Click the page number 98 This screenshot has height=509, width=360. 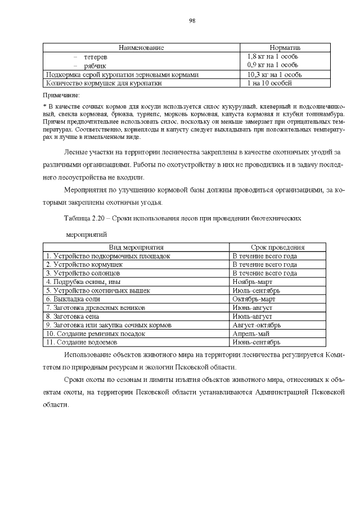[x=192, y=20]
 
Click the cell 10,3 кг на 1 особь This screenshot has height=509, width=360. [x=274, y=74]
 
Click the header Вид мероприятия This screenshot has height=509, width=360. [x=136, y=247]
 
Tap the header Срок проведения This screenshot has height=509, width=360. [x=277, y=247]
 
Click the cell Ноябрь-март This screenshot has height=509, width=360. [x=251, y=281]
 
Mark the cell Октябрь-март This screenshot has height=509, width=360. [x=253, y=299]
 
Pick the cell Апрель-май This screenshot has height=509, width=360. [x=249, y=334]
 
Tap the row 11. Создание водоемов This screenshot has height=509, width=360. [x=81, y=342]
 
